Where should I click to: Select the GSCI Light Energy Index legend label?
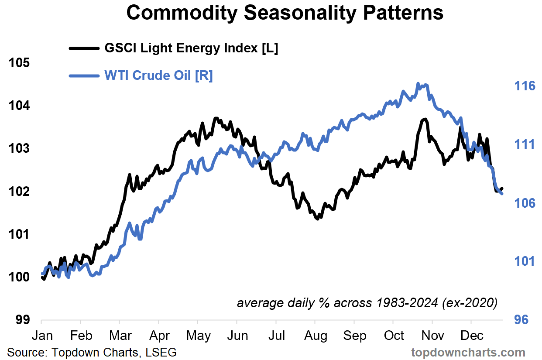pyautogui.click(x=191, y=48)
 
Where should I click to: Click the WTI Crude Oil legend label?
pyautogui.click(x=158, y=75)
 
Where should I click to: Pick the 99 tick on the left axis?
pyautogui.click(x=22, y=319)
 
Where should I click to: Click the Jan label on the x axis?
pyautogui.click(x=42, y=336)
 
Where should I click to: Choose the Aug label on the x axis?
pyautogui.click(x=316, y=336)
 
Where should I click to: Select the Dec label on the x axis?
pyautogui.click(x=472, y=336)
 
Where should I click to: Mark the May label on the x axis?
pyautogui.click(x=199, y=336)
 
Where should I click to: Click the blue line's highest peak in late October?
pyautogui.click(x=418, y=83)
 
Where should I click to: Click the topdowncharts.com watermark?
pyautogui.click(x=468, y=352)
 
